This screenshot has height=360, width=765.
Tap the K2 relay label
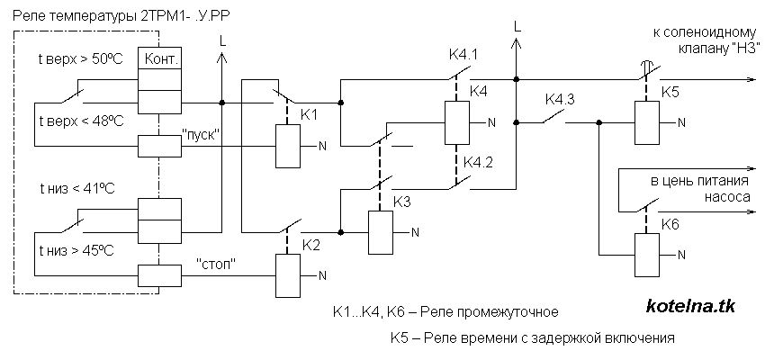pyautogui.click(x=310, y=244)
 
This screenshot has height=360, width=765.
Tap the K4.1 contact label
pyautogui.click(x=463, y=56)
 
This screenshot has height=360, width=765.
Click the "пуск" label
pyautogui.click(x=202, y=133)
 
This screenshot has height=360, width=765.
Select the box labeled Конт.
pyautogui.click(x=157, y=59)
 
